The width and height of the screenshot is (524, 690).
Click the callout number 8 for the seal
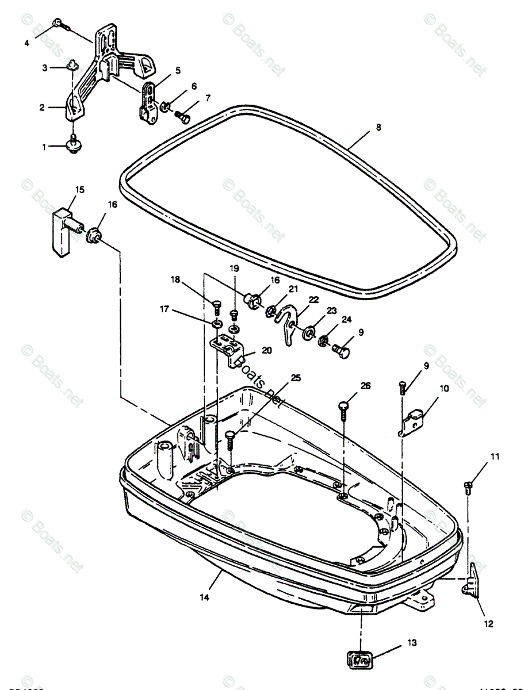(378, 128)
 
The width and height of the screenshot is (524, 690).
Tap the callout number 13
(412, 642)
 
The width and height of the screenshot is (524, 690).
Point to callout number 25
(295, 378)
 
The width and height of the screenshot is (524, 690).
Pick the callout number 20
(266, 350)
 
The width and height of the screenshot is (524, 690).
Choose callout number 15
(79, 189)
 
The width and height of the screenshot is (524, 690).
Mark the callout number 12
(488, 623)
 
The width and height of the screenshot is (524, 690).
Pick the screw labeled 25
(231, 439)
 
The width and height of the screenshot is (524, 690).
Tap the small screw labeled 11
(468, 488)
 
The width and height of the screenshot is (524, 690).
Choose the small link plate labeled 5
(149, 102)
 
